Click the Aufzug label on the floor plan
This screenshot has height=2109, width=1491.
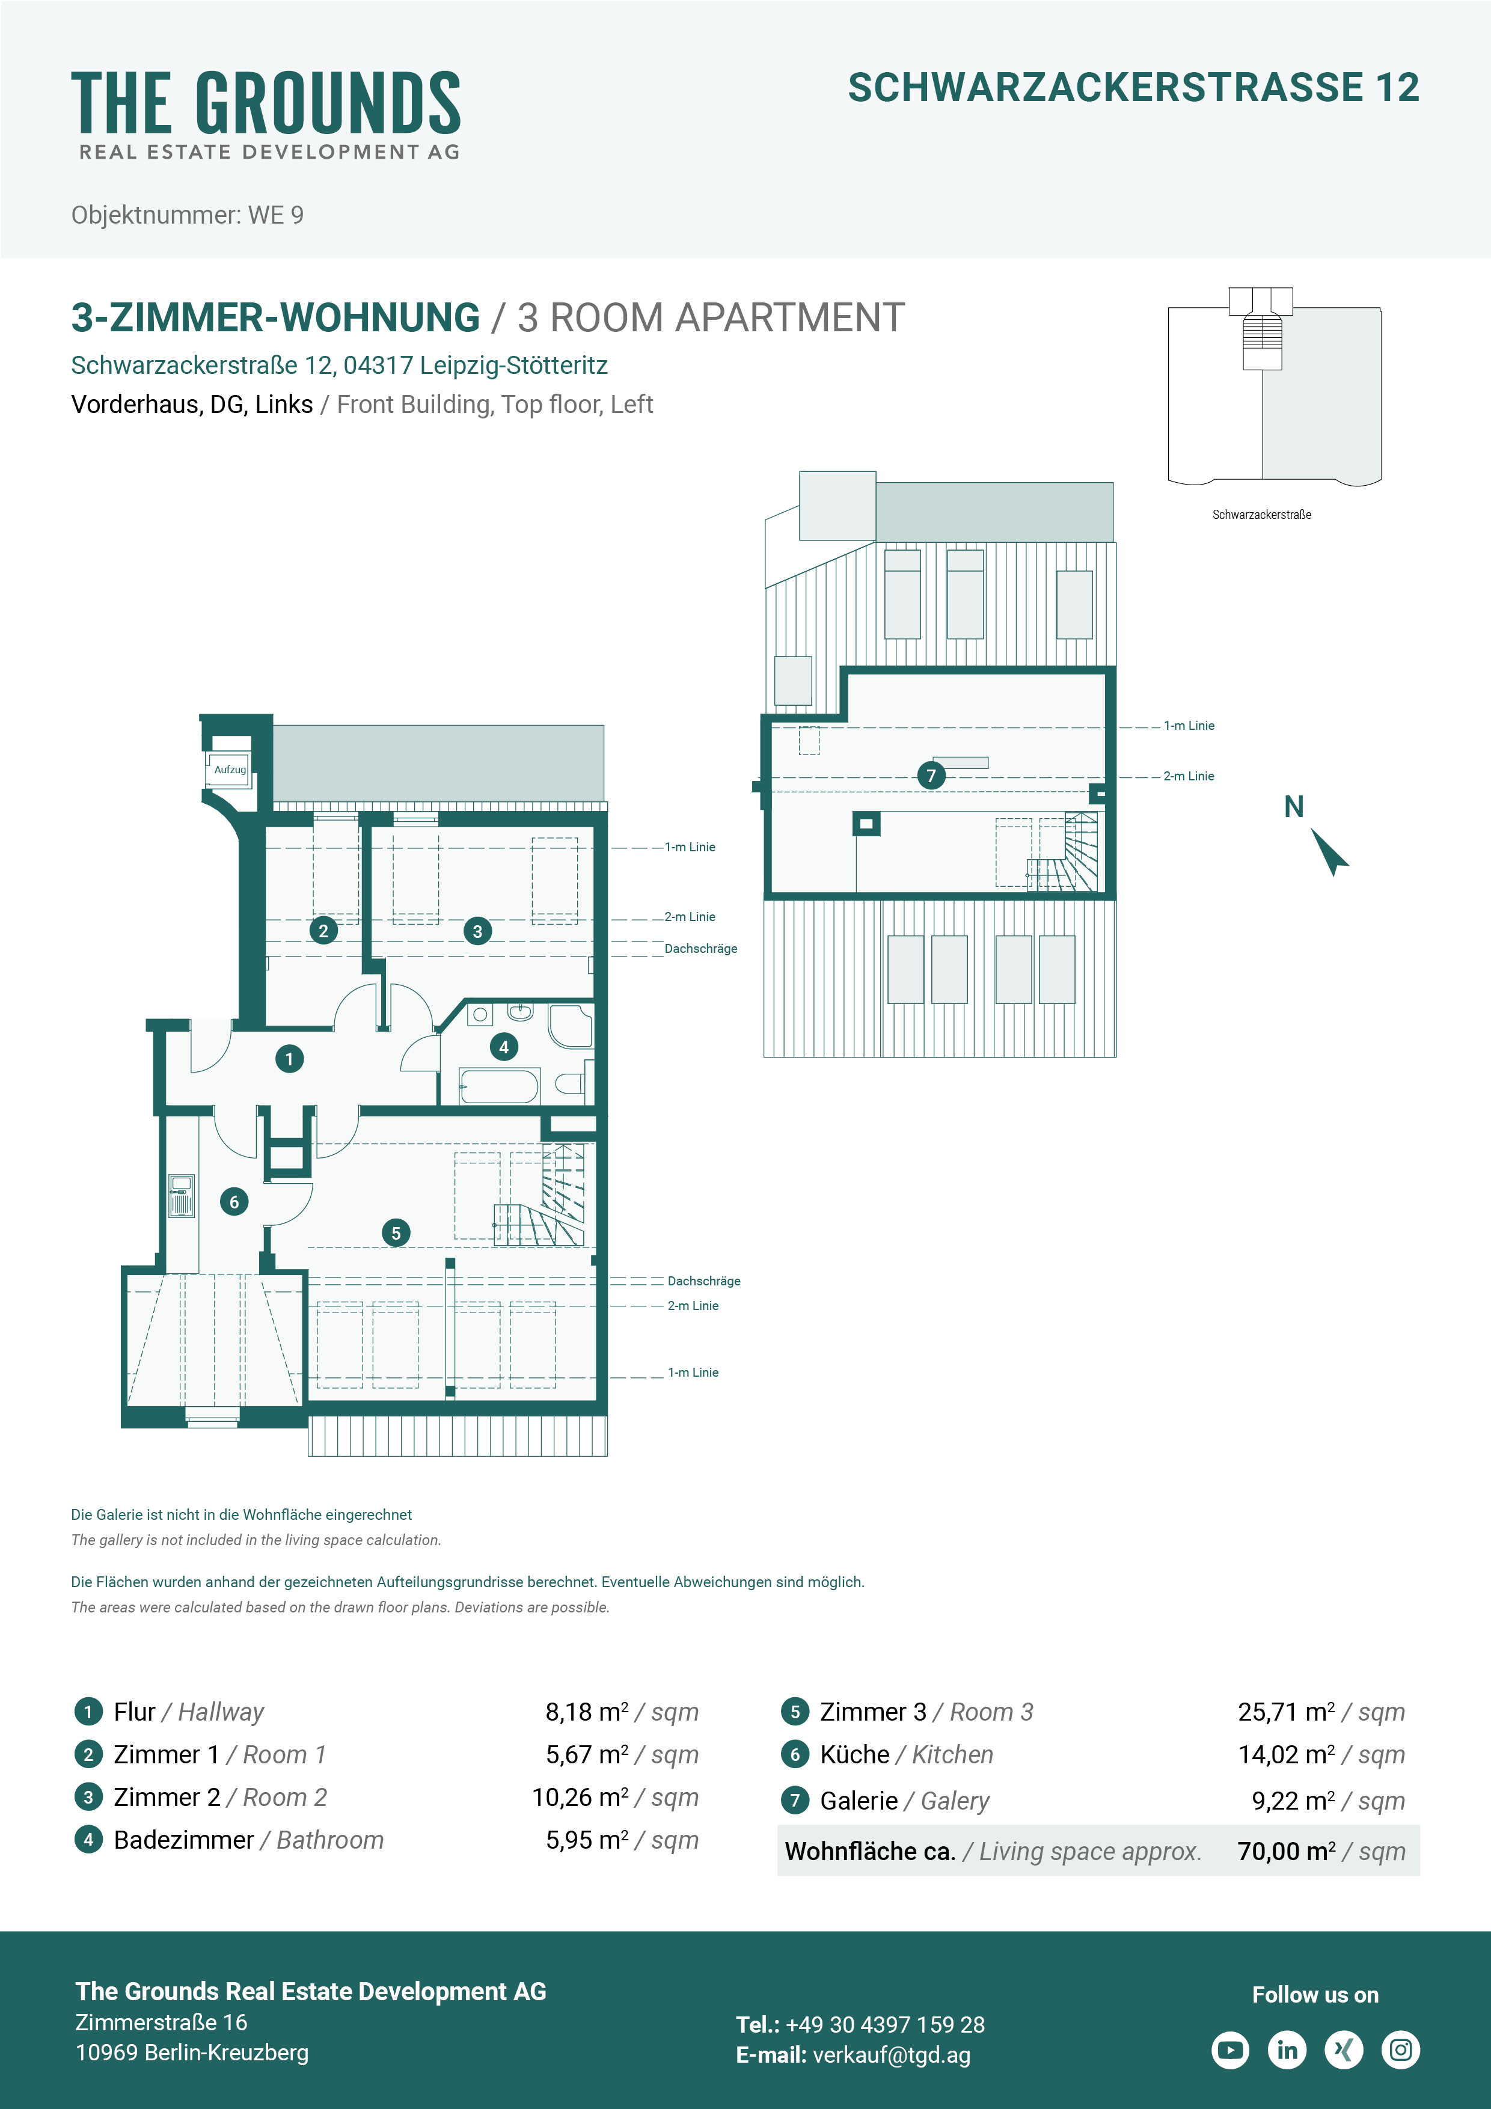coord(230,770)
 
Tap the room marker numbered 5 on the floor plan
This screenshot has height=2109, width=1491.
coord(396,1232)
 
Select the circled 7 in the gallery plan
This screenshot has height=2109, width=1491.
coord(931,776)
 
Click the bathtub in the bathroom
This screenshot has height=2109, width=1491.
coord(499,1086)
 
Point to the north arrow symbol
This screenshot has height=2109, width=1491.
coord(1329,851)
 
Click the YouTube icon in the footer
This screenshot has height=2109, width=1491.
coord(1230,2049)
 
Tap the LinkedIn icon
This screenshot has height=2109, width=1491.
coord(1287,2049)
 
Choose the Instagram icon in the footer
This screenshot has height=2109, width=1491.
coord(1401,2049)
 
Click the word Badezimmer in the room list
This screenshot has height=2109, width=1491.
coord(184,1840)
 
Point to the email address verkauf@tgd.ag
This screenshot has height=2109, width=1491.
coord(891,2055)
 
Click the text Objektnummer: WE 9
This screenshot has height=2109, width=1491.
coord(188,215)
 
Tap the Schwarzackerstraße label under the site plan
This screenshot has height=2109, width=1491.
coord(1261,515)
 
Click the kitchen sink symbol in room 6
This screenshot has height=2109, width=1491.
coord(181,1196)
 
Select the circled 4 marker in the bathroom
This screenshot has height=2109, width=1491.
coord(503,1046)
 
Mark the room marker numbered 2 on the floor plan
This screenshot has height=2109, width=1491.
coord(323,931)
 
